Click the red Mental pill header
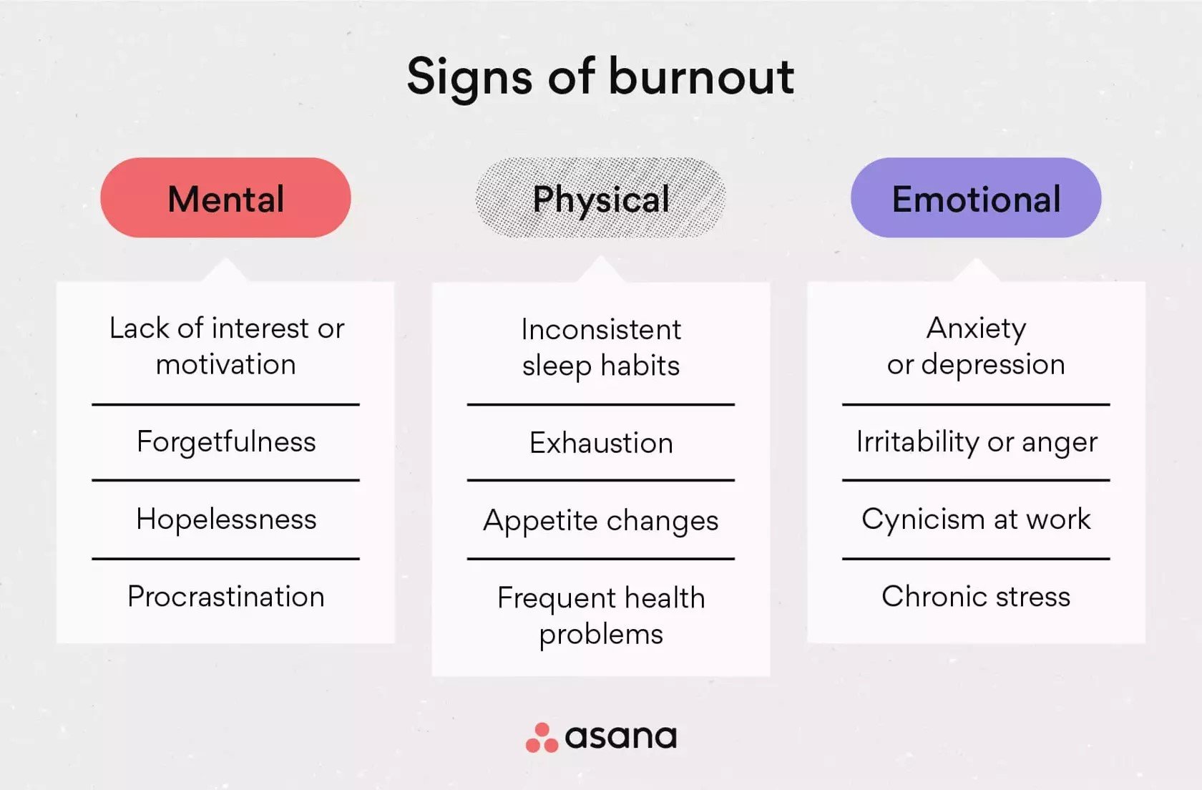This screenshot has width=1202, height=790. point(225,198)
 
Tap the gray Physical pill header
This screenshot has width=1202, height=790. point(601,198)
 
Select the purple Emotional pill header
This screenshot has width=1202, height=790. point(976,198)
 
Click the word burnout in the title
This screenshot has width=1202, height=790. point(701,76)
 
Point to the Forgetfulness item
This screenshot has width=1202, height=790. point(226,442)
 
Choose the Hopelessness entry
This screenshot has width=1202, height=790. point(226,520)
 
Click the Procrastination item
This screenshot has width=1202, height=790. point(226,597)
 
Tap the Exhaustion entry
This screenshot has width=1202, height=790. point(601,443)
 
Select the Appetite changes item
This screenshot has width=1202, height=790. point(601,521)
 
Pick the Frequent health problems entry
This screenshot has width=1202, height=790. point(601,615)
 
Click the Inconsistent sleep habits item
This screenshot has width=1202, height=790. point(601,347)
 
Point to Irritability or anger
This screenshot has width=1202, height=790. point(977,442)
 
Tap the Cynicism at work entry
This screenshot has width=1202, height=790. point(976,520)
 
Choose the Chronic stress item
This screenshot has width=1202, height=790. point(976,597)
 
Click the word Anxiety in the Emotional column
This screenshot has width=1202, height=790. point(976,328)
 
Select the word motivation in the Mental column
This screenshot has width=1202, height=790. point(226,365)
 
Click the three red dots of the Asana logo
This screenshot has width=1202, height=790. point(542,738)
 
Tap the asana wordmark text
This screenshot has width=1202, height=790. point(620,737)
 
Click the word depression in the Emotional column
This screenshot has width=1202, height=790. point(993,365)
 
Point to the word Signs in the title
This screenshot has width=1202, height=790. point(469,77)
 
